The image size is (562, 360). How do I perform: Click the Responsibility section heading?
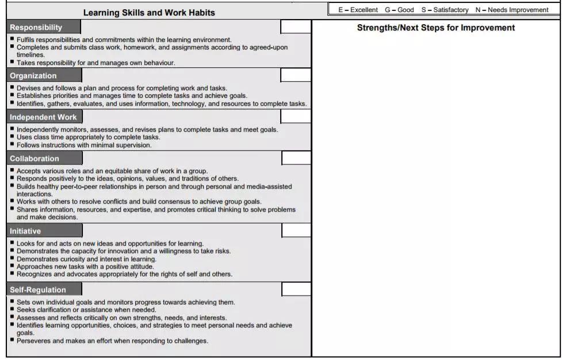tap(36, 28)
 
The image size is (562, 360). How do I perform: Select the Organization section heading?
tap(33, 76)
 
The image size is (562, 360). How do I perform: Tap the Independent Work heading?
tap(43, 117)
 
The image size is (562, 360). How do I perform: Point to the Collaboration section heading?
tap(35, 159)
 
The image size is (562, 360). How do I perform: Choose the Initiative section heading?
tap(25, 231)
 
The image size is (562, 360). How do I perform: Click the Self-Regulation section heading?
tap(38, 290)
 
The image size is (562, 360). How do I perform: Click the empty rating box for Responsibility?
tap(296, 27)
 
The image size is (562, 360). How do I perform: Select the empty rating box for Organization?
tap(296, 75)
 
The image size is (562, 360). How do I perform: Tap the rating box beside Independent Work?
tap(296, 117)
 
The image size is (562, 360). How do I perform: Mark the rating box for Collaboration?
tap(296, 158)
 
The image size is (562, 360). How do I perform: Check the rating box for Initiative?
tap(296, 231)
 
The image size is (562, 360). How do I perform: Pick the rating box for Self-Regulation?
tap(296, 289)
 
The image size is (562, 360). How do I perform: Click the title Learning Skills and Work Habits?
tap(149, 13)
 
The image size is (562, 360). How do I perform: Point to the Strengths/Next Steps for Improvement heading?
tap(435, 28)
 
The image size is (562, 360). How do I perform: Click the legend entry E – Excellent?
tap(358, 10)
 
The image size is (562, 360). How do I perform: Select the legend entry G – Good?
tap(399, 10)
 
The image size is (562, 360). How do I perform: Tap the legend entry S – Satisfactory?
tap(445, 10)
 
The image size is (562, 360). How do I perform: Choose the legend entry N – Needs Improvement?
tap(512, 10)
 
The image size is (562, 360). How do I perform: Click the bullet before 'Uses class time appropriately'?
tap(12, 137)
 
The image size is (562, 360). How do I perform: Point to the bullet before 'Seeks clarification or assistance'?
tap(12, 309)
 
